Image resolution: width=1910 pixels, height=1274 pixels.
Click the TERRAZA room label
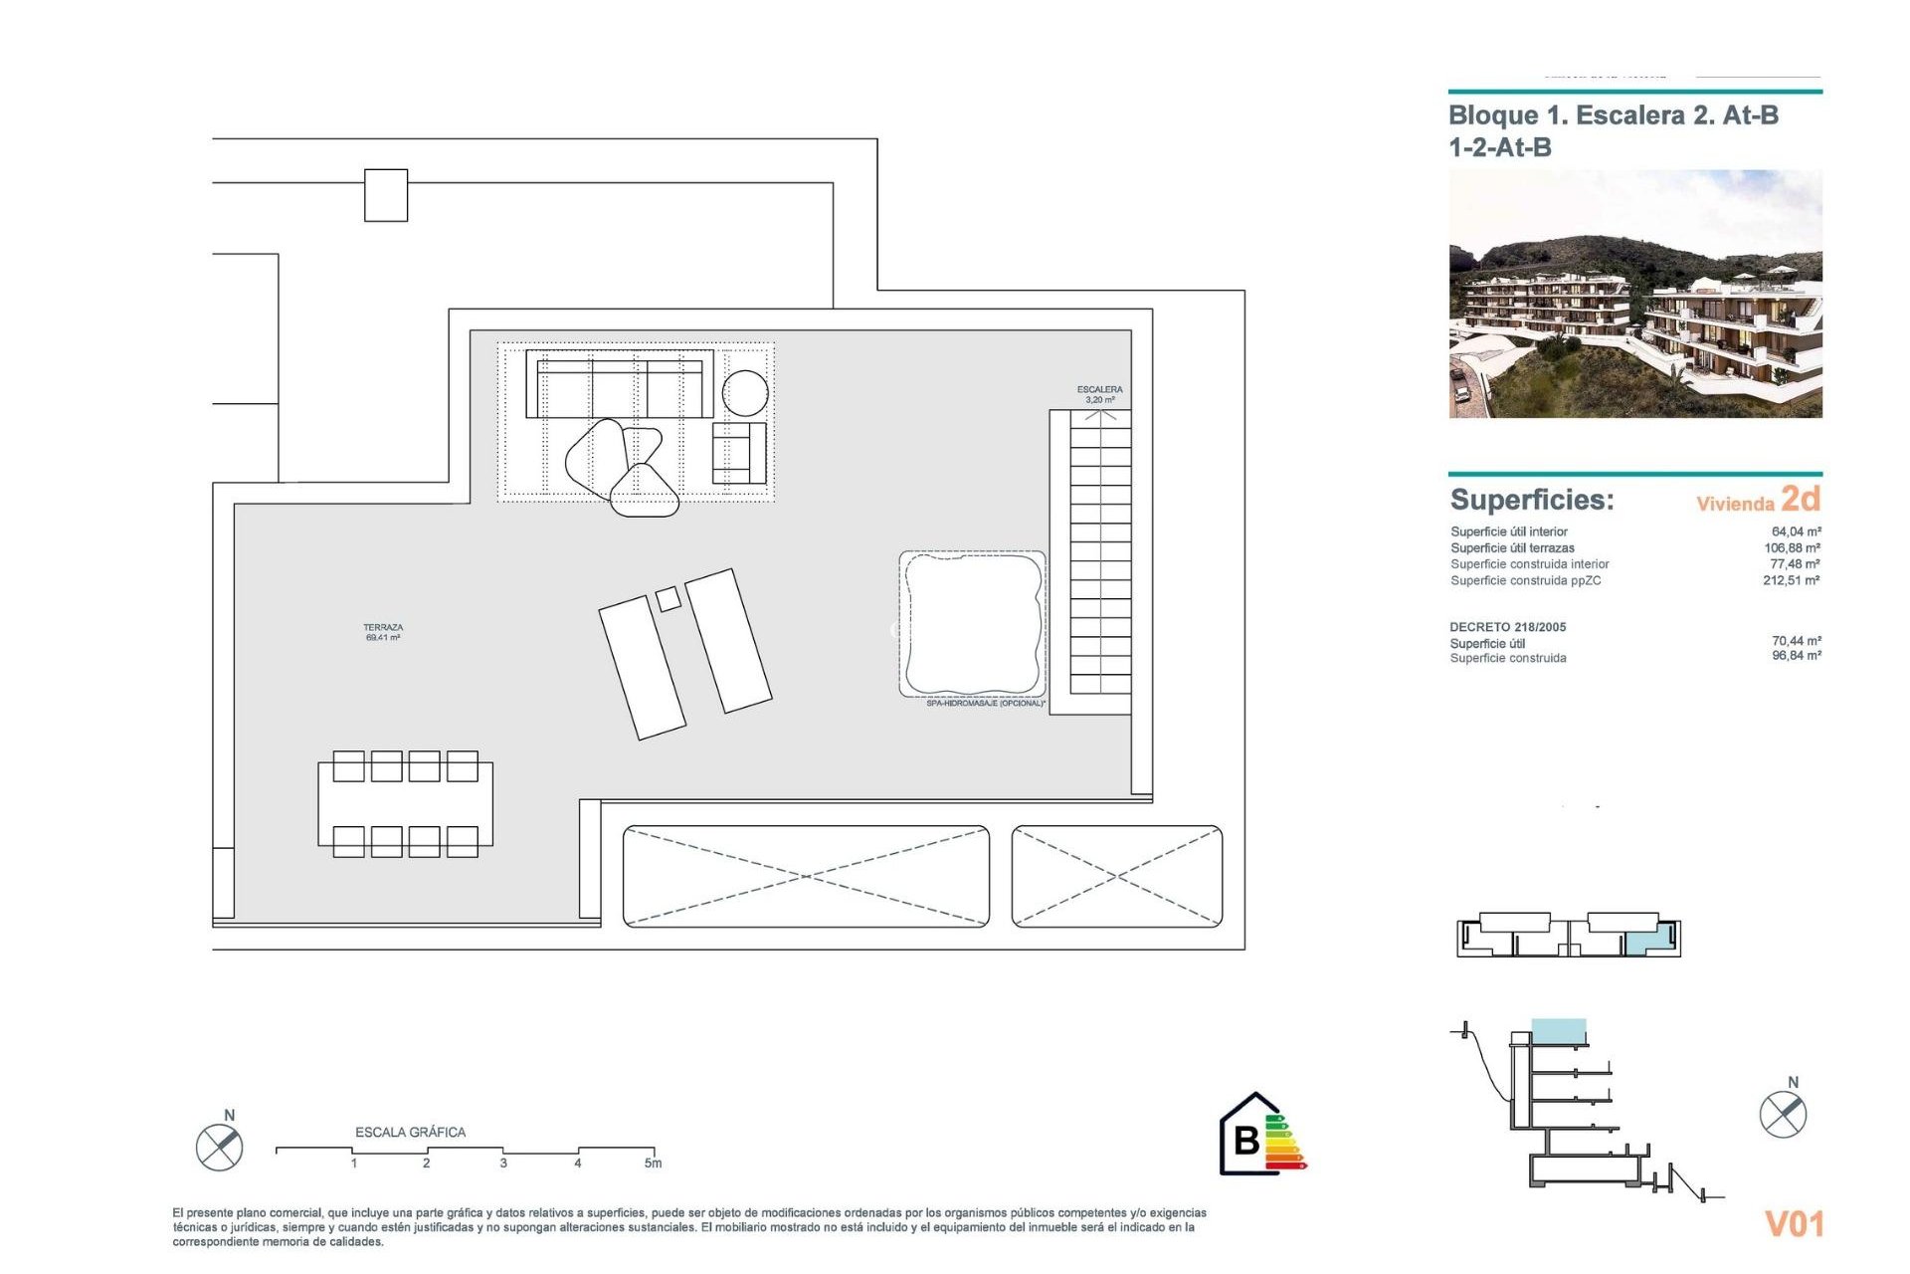pyautogui.click(x=383, y=632)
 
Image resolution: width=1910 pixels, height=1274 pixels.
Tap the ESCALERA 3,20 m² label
pyautogui.click(x=1099, y=394)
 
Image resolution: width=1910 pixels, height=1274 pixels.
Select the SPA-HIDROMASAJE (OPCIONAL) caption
pyautogui.click(x=985, y=704)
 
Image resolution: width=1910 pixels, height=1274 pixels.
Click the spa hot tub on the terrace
pyautogui.click(x=972, y=623)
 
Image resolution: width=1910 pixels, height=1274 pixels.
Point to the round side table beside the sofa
pyautogui.click(x=745, y=392)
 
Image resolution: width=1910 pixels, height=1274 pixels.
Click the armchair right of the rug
pyautogui.click(x=738, y=453)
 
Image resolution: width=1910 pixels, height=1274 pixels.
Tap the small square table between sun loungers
pyautogui.click(x=668, y=599)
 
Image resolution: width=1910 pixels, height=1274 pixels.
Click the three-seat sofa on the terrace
pyautogui.click(x=620, y=384)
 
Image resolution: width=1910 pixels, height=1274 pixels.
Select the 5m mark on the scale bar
pyautogui.click(x=653, y=1163)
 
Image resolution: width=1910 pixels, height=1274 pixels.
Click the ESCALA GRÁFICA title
pyautogui.click(x=410, y=1132)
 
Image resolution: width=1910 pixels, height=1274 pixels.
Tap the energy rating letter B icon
pyautogui.click(x=1246, y=1140)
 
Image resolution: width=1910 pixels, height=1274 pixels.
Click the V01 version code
pyautogui.click(x=1794, y=1223)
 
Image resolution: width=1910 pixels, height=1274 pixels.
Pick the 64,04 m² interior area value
pyautogui.click(x=1796, y=531)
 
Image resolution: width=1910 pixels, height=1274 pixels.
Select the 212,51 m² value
pyautogui.click(x=1791, y=580)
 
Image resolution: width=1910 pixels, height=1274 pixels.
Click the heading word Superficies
pyautogui.click(x=1532, y=500)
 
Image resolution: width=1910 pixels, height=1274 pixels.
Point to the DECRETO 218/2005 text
pyautogui.click(x=1507, y=627)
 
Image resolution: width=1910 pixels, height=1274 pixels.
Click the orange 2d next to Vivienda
pyautogui.click(x=1801, y=498)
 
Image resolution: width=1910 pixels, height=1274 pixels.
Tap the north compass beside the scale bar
pyautogui.click(x=220, y=1146)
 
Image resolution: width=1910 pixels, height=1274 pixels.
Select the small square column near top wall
pyautogui.click(x=386, y=195)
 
